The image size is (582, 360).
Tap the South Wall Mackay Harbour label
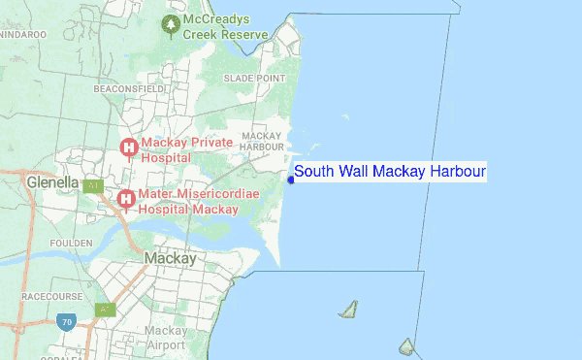pos(389,172)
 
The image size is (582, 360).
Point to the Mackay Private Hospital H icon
pos(128,147)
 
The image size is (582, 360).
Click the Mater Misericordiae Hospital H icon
pos(125,200)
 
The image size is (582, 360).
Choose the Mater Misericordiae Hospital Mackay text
pos(188,201)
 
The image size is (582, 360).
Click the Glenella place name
pos(52,181)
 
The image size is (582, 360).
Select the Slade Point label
pos(254,78)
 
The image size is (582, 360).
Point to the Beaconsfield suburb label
pos(129,88)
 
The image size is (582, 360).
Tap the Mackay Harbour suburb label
pos(261,141)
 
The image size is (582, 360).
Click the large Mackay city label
pos(170,259)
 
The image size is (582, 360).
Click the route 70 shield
pos(66,321)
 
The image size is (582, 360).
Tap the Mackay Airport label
pos(165,337)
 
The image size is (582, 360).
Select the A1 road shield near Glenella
pos(93,185)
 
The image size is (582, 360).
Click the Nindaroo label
pos(23,34)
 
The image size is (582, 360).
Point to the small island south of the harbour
pos(348,310)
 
